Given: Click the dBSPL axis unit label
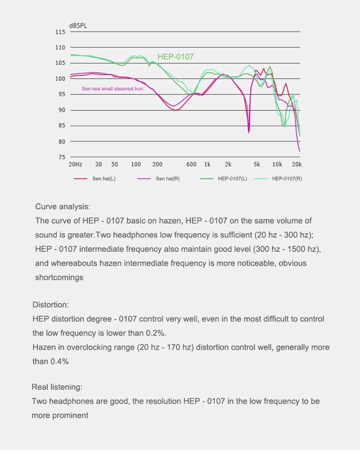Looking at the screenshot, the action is point(78,26).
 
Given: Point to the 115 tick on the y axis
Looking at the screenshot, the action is point(60,32).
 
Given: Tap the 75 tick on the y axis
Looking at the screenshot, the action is point(62,157).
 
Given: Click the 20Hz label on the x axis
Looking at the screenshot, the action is point(76,164).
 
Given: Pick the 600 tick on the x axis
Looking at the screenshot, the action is point(191,164).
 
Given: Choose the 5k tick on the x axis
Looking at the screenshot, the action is point(256,164).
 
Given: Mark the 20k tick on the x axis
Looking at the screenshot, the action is point(297,164).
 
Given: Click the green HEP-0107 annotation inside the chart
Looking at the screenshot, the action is point(175,57).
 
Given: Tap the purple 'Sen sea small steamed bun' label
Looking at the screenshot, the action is point(112,89).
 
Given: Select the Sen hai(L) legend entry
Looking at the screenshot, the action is point(94,179).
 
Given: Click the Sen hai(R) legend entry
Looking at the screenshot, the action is point(158,179).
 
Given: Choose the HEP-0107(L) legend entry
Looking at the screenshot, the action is point(224,179).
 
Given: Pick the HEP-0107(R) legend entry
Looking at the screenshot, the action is point(278,179).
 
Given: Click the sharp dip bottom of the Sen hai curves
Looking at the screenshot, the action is point(249,133).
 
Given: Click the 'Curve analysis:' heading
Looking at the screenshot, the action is point(63,207).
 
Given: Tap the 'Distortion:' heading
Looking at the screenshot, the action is point(50,305).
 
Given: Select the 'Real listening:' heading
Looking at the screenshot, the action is point(57,387).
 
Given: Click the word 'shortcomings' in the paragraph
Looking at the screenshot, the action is point(59,277).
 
